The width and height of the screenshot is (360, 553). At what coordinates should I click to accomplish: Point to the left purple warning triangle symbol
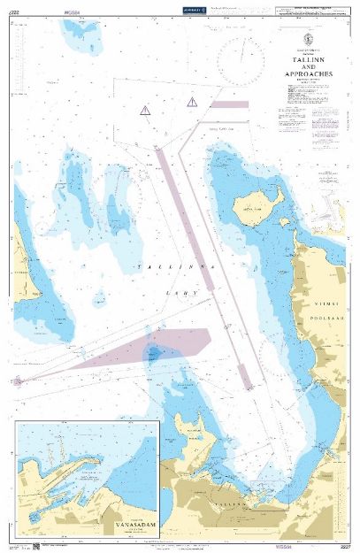(144, 110)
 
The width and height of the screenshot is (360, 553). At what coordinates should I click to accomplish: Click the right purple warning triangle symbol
(192, 102)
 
